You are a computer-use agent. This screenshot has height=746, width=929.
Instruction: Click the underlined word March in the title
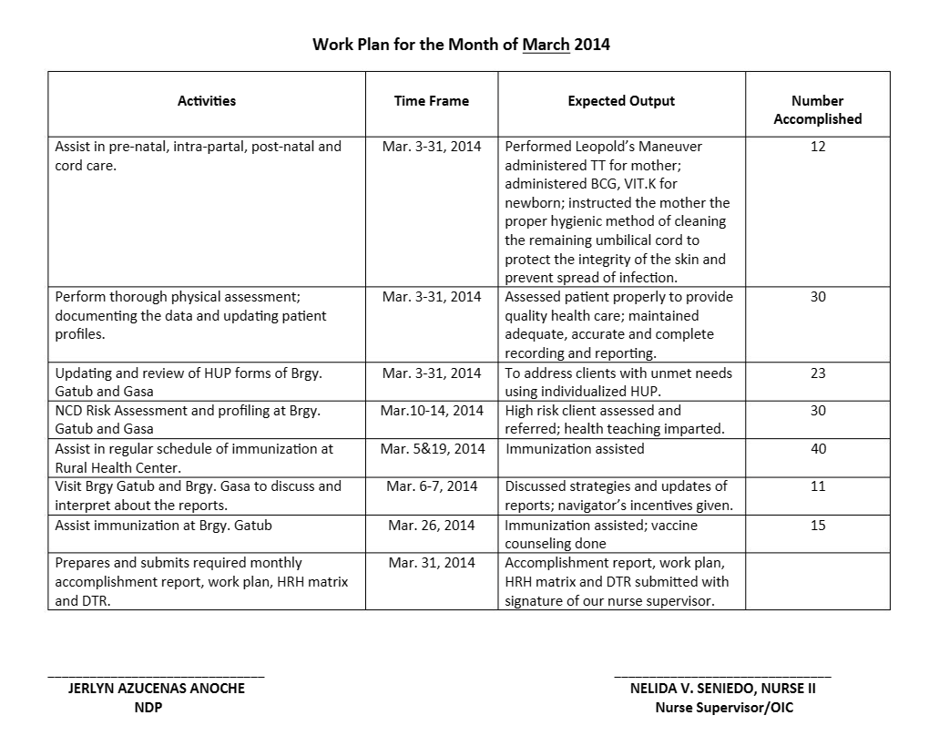point(546,44)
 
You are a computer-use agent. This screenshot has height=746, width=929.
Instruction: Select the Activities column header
point(206,101)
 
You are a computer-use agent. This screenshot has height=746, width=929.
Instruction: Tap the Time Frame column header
point(432,101)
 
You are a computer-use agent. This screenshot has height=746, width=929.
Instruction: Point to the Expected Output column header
point(621,101)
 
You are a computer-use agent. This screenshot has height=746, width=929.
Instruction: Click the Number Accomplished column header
point(817,109)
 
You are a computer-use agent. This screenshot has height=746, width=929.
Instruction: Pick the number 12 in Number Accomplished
point(817,146)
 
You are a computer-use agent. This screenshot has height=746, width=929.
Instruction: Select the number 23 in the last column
point(817,373)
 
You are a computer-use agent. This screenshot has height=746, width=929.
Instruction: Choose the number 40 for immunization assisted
point(817,448)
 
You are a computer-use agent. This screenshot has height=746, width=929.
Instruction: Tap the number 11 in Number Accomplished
point(817,485)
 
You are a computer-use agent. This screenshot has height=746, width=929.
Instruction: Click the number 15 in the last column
point(817,525)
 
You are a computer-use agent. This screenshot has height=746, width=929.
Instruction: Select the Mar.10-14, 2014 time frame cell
point(432,411)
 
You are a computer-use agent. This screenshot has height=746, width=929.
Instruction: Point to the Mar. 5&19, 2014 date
point(432,448)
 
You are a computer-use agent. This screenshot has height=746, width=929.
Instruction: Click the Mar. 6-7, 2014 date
point(432,485)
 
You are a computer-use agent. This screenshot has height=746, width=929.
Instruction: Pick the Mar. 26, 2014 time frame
point(432,525)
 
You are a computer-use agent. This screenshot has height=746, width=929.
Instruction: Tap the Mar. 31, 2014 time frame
point(432,562)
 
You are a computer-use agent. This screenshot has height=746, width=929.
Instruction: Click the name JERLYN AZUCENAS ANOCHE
point(157,689)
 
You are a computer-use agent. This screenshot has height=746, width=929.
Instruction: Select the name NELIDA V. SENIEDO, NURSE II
point(723,689)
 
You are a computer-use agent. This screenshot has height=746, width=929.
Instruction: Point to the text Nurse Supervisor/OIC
point(723,708)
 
